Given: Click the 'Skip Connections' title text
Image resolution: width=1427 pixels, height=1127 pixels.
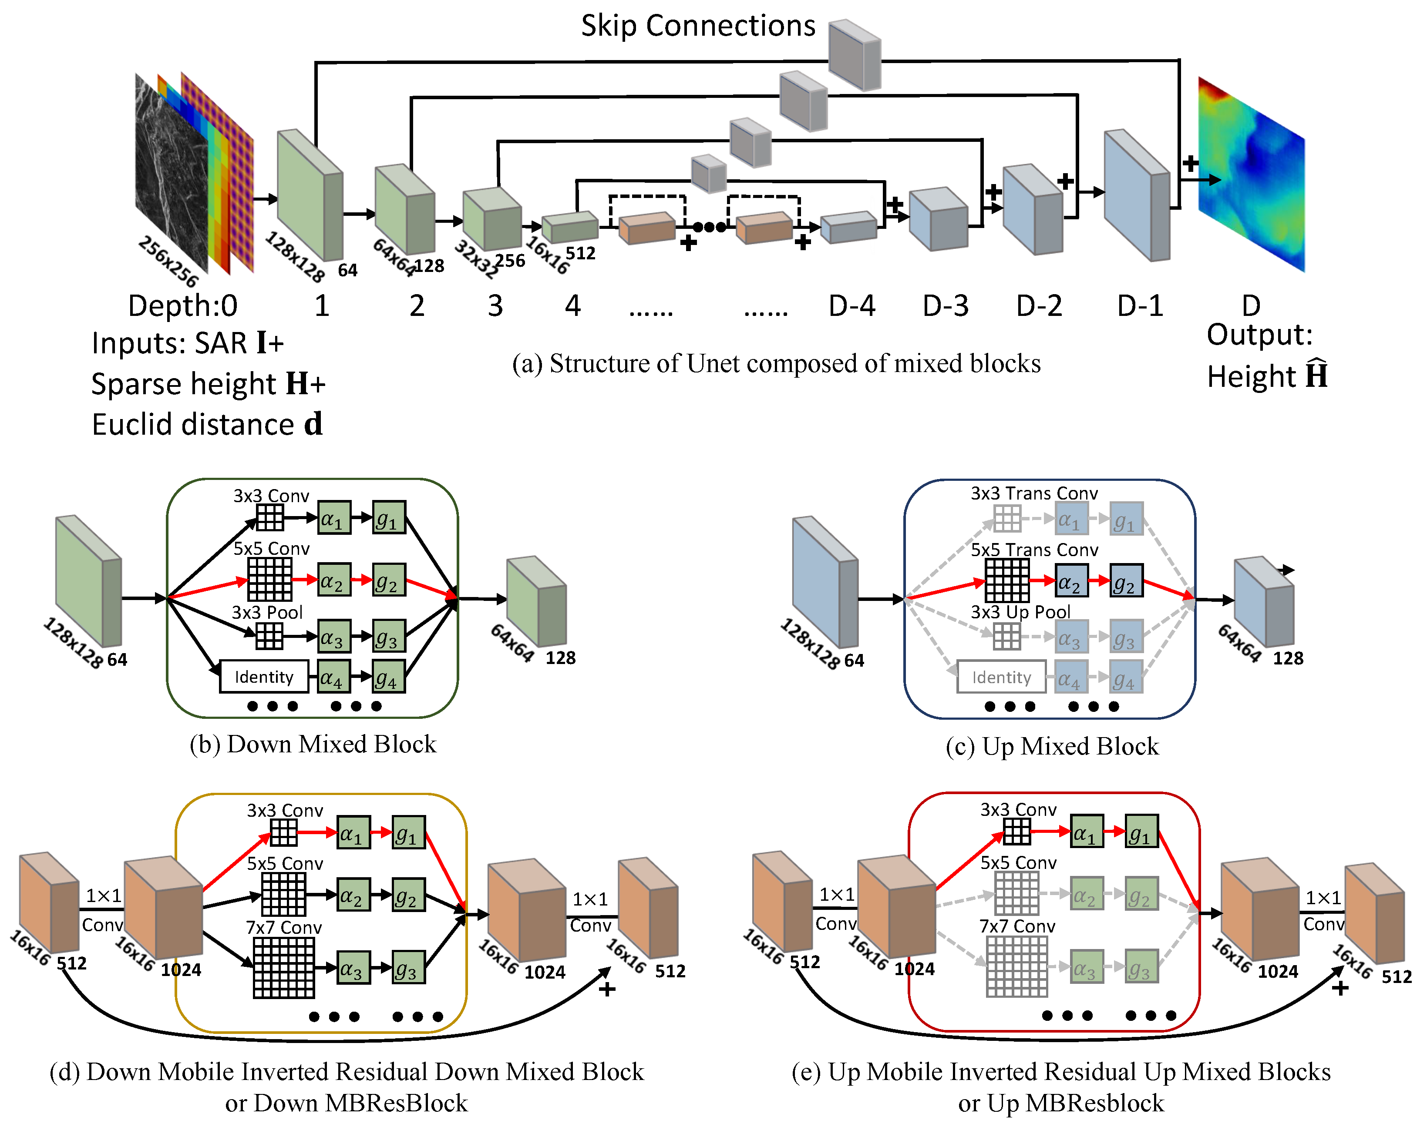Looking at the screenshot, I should tap(698, 27).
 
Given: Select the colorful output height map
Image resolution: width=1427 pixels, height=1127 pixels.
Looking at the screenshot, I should tap(1251, 175).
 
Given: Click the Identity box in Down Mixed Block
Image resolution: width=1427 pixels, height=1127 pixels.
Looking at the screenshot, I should tap(264, 676).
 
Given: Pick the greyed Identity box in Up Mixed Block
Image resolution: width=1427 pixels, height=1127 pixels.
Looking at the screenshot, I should tap(1001, 677).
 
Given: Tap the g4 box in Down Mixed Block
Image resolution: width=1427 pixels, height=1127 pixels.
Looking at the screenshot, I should tap(388, 677).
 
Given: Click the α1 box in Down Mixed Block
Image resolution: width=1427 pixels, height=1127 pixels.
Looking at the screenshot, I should tap(334, 518).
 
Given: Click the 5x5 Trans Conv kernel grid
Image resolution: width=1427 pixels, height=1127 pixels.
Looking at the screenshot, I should tap(1006, 580).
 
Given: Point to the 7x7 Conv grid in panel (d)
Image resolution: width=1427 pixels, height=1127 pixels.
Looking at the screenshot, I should tap(284, 967).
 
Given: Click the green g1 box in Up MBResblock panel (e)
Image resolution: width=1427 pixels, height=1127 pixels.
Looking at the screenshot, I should tap(1141, 832).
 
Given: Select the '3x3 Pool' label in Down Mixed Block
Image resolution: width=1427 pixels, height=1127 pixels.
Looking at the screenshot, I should tap(267, 612).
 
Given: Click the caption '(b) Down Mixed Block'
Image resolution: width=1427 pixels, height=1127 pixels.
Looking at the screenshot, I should tap(313, 744).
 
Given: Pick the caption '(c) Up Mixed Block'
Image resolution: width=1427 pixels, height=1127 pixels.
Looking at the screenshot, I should tap(1051, 746).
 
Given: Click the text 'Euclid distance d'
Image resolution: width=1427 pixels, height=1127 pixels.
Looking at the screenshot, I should tap(207, 424).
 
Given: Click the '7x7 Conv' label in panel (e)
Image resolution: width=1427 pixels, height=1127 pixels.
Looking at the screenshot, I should tap(1016, 926).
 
